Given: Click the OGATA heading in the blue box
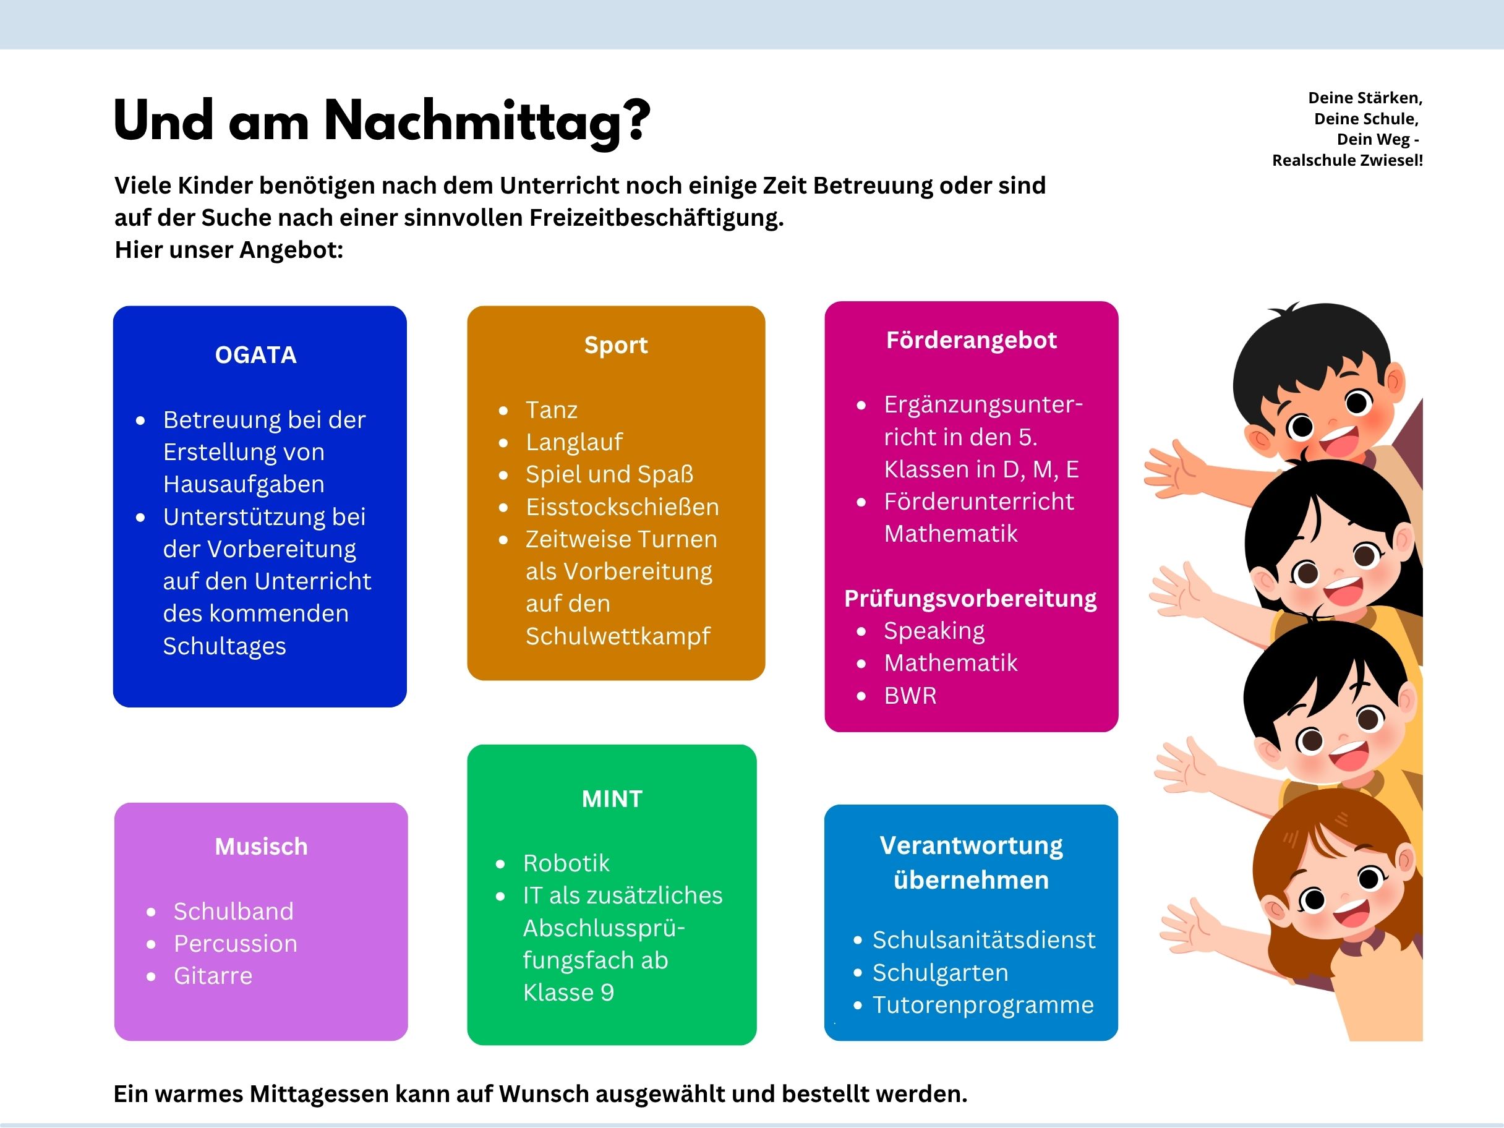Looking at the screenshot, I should click(x=255, y=355).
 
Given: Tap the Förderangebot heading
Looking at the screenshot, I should click(x=971, y=340).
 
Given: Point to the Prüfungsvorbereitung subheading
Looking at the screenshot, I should click(x=970, y=599).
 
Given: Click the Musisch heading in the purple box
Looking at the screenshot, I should click(x=261, y=847).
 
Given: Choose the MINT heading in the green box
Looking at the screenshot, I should click(x=612, y=798).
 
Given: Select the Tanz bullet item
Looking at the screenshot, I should click(x=552, y=410).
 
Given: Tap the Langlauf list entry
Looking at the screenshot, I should click(x=574, y=442).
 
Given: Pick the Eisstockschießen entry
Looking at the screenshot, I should click(x=622, y=506).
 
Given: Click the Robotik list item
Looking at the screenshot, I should click(x=566, y=863).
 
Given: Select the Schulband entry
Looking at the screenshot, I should click(x=233, y=911).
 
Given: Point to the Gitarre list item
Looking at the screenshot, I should click(x=213, y=976).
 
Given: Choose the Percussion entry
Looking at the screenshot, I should click(x=235, y=944).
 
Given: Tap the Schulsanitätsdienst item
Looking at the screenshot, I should click(x=984, y=939).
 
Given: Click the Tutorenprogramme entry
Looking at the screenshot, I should click(x=983, y=1004).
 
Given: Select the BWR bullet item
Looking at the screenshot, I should click(x=910, y=696).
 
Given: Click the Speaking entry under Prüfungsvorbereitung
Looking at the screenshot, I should click(x=934, y=631).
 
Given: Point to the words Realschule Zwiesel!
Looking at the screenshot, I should click(x=1347, y=160).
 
